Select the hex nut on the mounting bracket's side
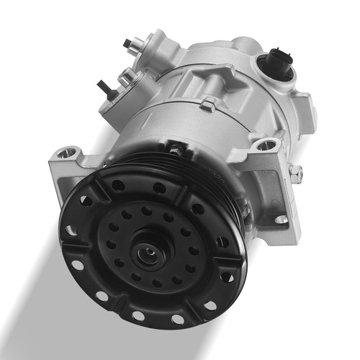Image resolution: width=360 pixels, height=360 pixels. (295, 172)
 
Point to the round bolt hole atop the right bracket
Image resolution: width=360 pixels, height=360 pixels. (266, 145)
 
